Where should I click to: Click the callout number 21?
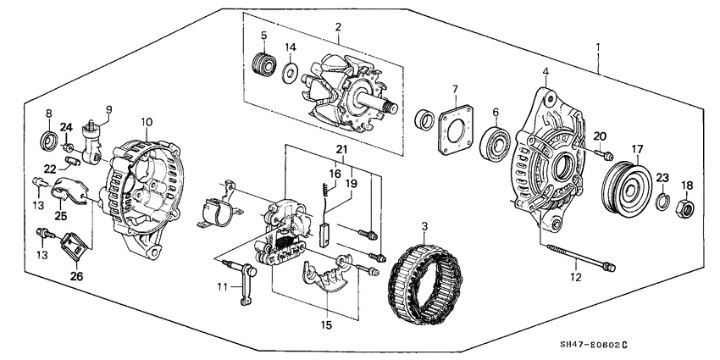coord(341,150)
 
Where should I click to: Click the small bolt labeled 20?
coord(605,154)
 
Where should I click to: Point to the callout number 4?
coord(545,72)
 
